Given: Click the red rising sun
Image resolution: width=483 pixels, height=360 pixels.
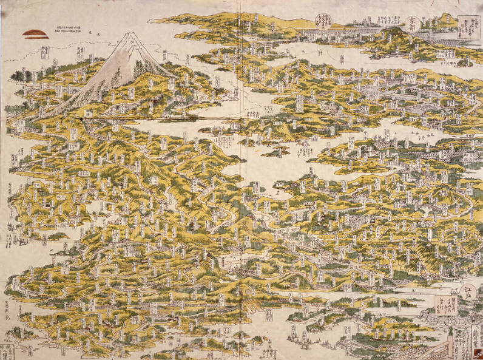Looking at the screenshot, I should pos(35,33).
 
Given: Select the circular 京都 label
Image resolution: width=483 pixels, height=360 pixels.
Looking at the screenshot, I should pos(414,22).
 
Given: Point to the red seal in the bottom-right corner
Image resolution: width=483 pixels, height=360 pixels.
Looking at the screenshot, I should pos(475,352).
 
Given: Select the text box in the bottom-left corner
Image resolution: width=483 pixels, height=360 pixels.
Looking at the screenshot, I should pos(7,352).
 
